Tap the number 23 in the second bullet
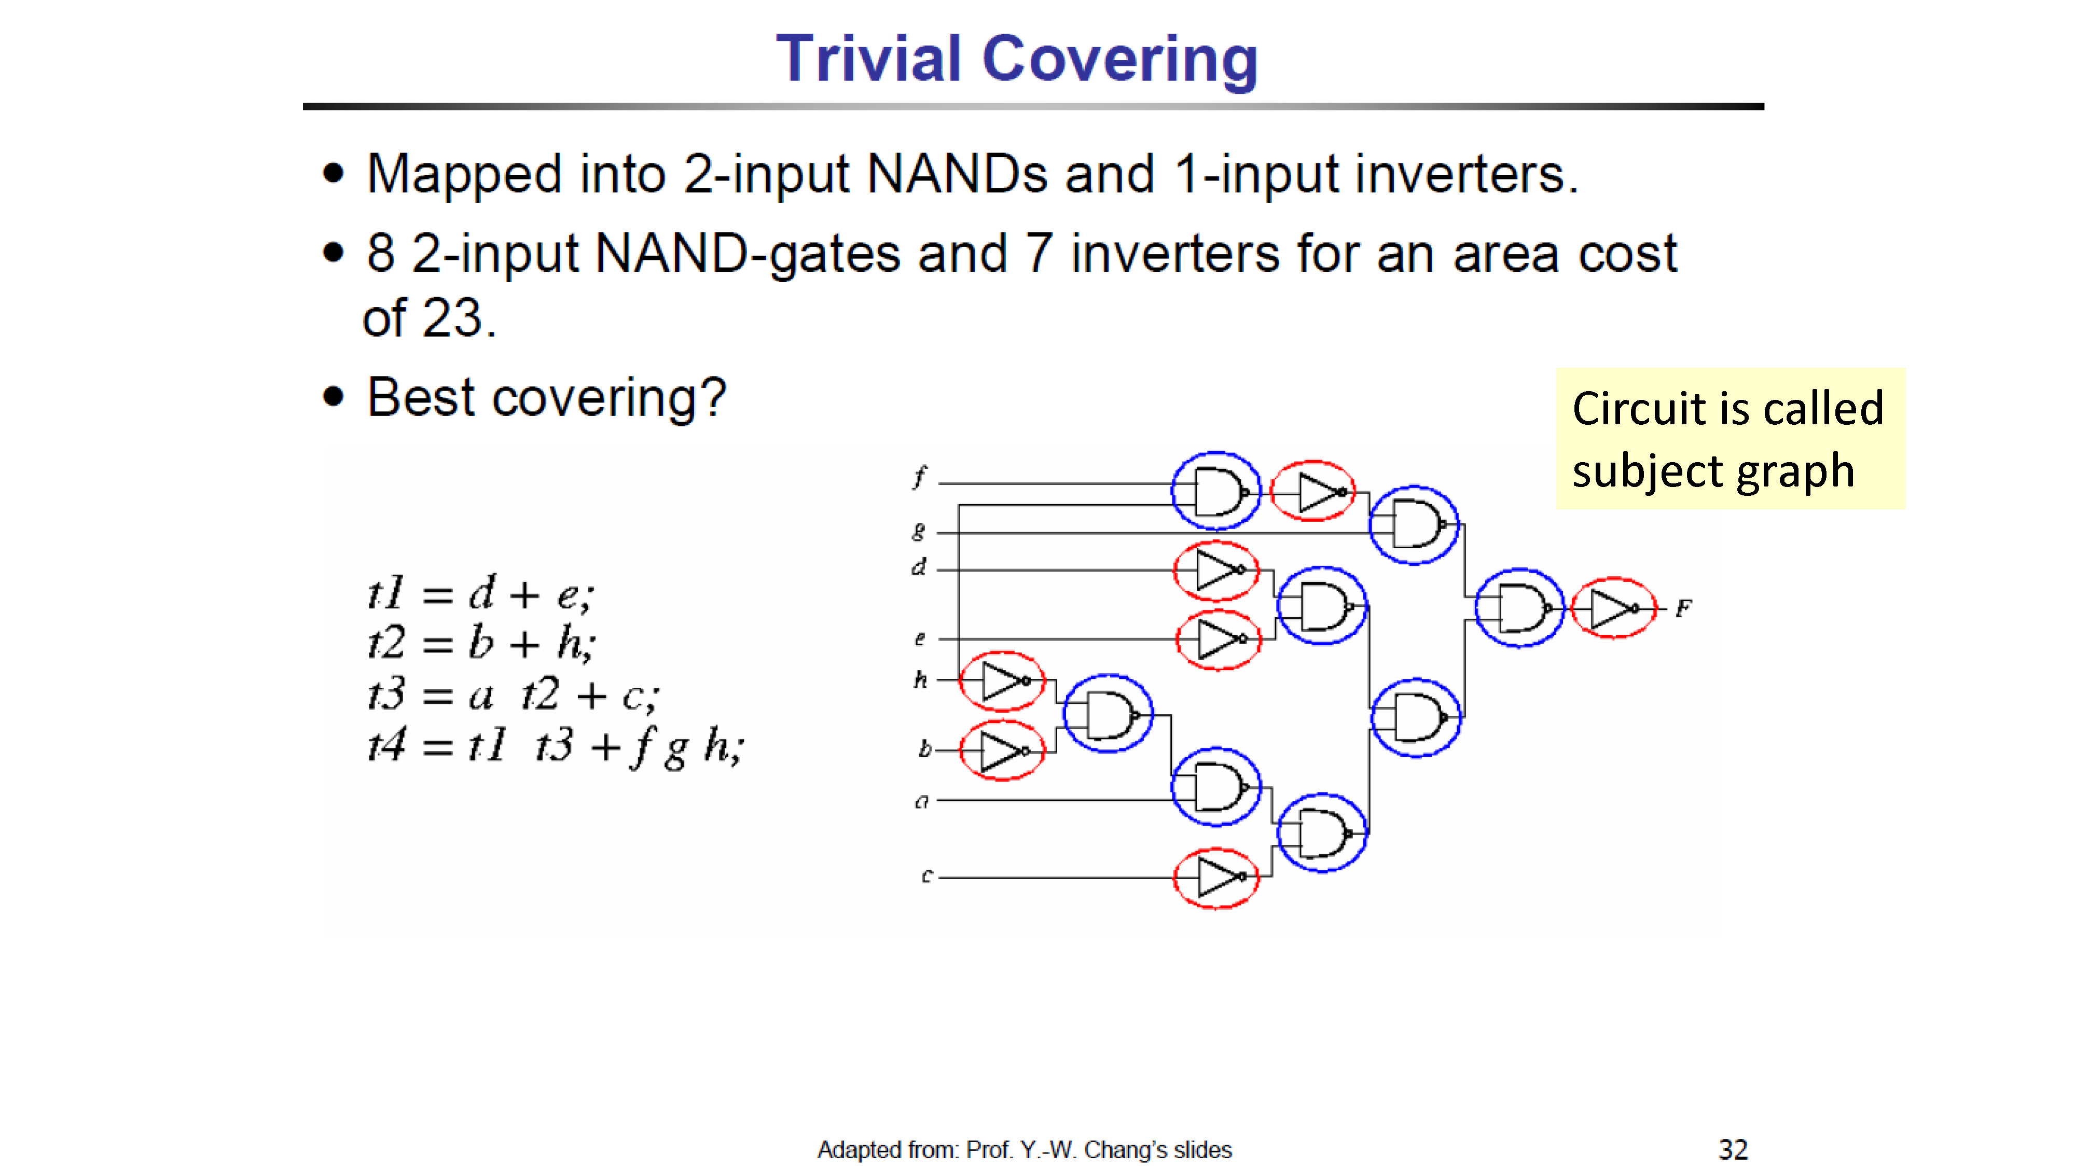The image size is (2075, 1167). point(453,317)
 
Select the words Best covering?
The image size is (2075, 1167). point(547,397)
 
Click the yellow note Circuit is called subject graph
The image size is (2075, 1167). point(1730,438)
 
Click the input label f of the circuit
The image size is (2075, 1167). point(919,476)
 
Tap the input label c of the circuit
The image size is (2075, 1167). point(926,876)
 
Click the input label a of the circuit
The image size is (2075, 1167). point(921,801)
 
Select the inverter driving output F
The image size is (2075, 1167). point(1613,608)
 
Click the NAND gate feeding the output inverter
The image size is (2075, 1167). point(1519,608)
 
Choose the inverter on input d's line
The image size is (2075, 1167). point(1216,570)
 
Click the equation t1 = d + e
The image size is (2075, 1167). point(481,594)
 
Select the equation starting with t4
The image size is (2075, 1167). point(556,746)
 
